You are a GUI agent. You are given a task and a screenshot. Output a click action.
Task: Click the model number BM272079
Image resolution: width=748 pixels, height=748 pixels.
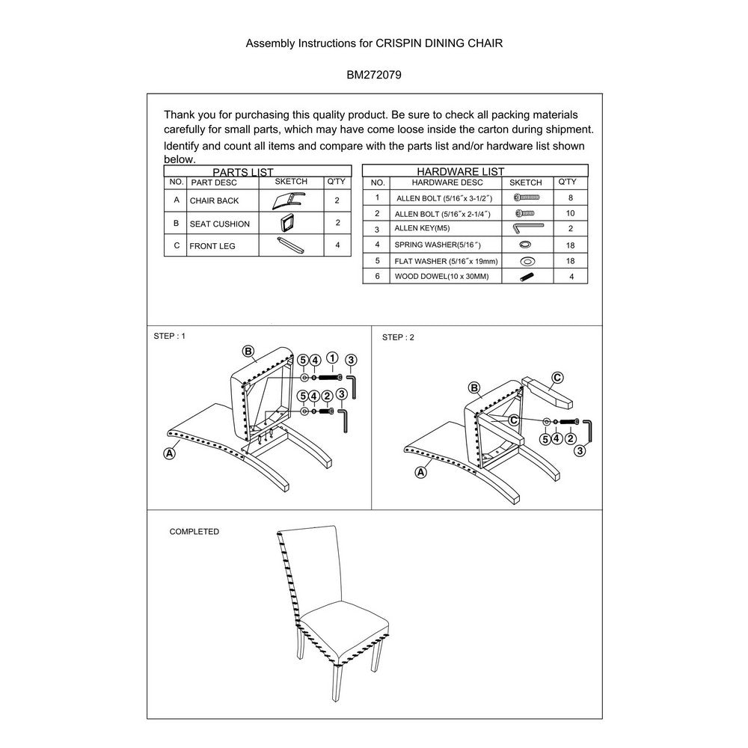pos(373,75)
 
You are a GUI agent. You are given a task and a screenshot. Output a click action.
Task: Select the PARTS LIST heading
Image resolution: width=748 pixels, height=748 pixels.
pos(243,172)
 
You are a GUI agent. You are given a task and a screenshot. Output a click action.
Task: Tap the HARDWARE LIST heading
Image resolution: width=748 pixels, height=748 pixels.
pos(460,171)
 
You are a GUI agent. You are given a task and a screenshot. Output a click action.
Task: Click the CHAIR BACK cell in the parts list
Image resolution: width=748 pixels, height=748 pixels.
pos(214,200)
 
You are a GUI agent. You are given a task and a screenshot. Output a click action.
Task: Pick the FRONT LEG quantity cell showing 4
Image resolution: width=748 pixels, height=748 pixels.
pos(338,245)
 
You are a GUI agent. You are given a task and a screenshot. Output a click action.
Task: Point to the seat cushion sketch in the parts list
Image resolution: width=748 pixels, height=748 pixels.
pos(287,223)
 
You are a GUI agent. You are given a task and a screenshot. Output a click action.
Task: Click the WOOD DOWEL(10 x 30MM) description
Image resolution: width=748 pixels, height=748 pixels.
pos(441,276)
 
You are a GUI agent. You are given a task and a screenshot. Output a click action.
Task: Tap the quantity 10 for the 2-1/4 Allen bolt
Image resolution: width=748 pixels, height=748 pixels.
pos(570,213)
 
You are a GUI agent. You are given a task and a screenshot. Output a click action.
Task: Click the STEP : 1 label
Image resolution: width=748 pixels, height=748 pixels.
pos(169,336)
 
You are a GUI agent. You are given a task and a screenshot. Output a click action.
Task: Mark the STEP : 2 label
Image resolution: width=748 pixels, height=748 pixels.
pos(398,337)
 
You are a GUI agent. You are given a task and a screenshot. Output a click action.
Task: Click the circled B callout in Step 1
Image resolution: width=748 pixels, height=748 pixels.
pos(248,352)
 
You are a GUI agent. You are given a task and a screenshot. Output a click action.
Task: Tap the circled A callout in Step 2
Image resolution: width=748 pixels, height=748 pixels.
pos(420,472)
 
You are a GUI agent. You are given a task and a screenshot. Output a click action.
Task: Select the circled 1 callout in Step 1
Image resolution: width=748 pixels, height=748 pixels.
pos(333,358)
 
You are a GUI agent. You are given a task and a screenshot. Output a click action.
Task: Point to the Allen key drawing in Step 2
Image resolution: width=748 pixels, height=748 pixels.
pos(588,431)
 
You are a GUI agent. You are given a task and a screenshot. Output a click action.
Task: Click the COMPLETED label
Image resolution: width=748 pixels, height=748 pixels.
pos(194,531)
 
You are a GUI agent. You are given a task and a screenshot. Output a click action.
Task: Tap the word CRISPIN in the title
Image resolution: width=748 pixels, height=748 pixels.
pos(399,43)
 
